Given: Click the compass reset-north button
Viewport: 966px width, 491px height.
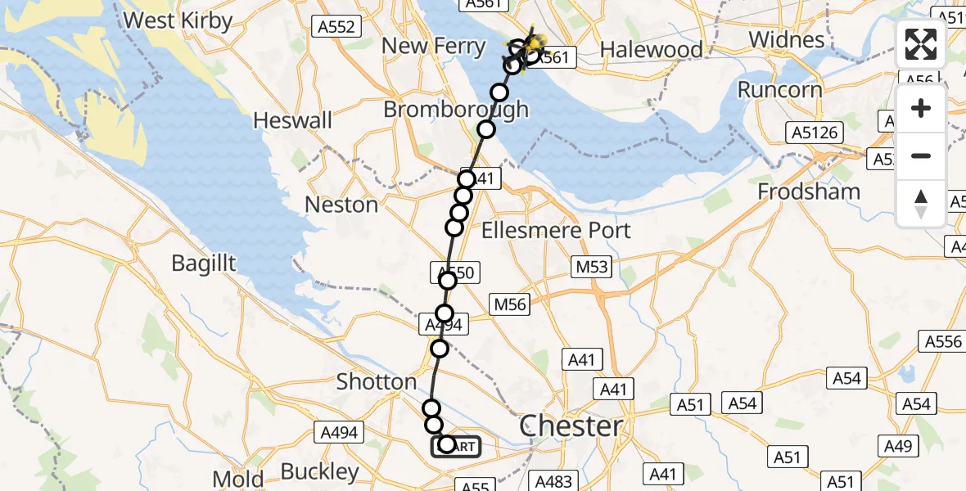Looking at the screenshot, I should pyautogui.click(x=921, y=204).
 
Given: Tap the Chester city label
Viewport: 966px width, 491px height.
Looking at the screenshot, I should pyautogui.click(x=571, y=426).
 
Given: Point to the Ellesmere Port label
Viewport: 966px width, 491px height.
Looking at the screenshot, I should pyautogui.click(x=556, y=230).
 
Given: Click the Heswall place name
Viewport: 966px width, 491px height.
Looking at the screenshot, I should pyautogui.click(x=293, y=121).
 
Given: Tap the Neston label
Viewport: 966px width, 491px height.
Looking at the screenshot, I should pyautogui.click(x=341, y=205).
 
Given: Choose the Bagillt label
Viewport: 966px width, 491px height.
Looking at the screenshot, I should pyautogui.click(x=204, y=264).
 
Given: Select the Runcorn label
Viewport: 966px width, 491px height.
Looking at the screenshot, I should pyautogui.click(x=779, y=89).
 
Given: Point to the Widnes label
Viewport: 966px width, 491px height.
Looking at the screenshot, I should pyautogui.click(x=786, y=39).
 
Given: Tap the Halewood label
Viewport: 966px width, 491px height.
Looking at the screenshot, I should pyautogui.click(x=651, y=50).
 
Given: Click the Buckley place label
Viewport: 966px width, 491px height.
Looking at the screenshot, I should pyautogui.click(x=320, y=471).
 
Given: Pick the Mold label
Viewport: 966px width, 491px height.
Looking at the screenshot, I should pyautogui.click(x=237, y=479).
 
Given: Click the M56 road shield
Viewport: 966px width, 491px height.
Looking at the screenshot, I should pyautogui.click(x=509, y=305).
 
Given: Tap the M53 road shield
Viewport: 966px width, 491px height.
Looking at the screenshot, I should pyautogui.click(x=592, y=266).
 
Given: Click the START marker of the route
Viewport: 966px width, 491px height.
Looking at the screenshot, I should pyautogui.click(x=456, y=446).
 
